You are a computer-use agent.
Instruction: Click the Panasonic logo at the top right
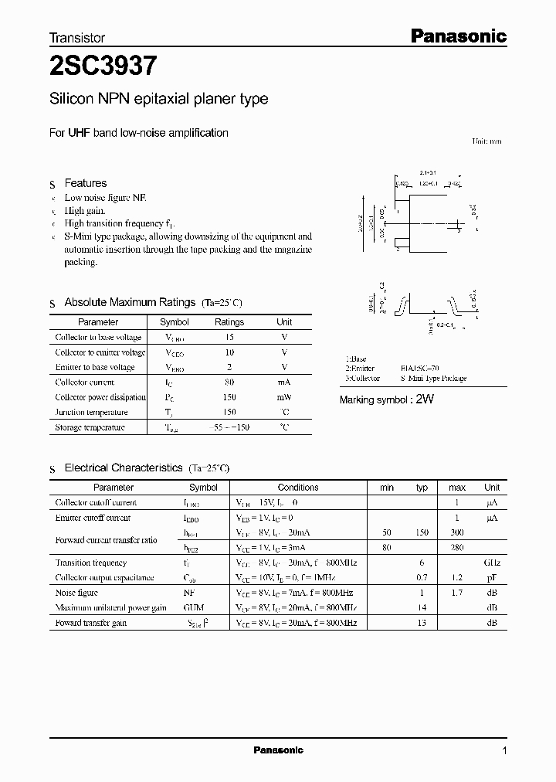pyautogui.click(x=457, y=36)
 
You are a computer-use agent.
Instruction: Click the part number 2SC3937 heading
pyautogui.click(x=103, y=66)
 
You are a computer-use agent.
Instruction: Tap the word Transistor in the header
pyautogui.click(x=77, y=37)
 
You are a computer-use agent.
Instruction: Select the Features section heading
pyautogui.click(x=85, y=183)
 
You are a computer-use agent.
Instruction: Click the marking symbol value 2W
pyautogui.click(x=426, y=399)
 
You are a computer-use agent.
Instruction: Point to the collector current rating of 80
pyautogui.click(x=229, y=382)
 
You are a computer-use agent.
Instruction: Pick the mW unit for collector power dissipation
pyautogui.click(x=284, y=397)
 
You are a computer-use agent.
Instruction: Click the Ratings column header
pyautogui.click(x=229, y=322)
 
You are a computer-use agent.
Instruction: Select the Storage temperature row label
pyautogui.click(x=90, y=427)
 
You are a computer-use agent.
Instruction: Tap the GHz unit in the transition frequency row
pyautogui.click(x=491, y=563)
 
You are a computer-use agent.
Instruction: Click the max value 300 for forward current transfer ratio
pyautogui.click(x=457, y=533)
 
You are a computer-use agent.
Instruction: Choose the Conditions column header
pyautogui.click(x=297, y=488)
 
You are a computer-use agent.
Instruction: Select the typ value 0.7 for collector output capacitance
pyautogui.click(x=422, y=578)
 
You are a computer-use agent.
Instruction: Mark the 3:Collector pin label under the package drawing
pyautogui.click(x=363, y=379)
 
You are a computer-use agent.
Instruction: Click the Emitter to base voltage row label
pyautogui.click(x=95, y=367)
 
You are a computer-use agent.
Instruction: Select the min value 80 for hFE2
pyautogui.click(x=387, y=547)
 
